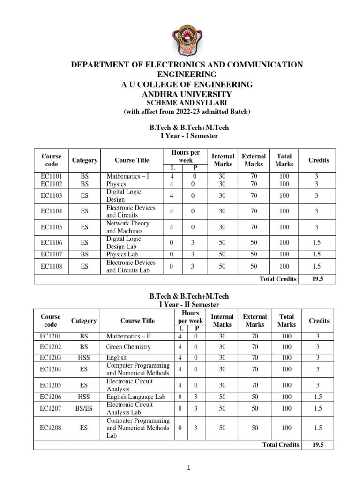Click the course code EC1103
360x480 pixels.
coord(52,196)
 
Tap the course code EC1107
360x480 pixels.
coord(52,255)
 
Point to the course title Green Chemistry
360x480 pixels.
coord(128,347)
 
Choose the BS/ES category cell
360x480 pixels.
coord(84,408)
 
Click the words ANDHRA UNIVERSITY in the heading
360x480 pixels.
coord(187,94)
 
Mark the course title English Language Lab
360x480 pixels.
coord(136,397)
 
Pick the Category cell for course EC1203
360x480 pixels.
coord(84,358)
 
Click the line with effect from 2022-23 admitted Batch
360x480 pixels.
coord(187,112)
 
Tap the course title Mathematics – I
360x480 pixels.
coord(127,176)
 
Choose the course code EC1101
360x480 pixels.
coord(52,176)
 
